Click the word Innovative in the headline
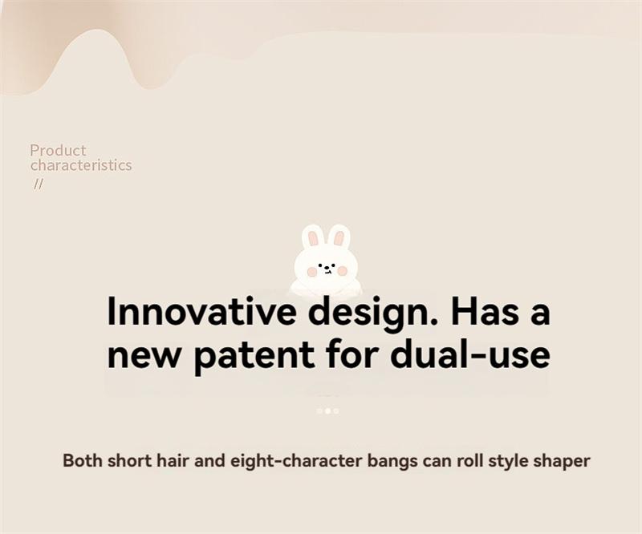click(x=201, y=311)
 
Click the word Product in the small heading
click(x=58, y=150)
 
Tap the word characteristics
click(x=81, y=165)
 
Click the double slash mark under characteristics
click(x=38, y=184)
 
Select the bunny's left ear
click(x=313, y=237)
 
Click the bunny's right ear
click(x=339, y=237)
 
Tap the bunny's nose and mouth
click(x=327, y=270)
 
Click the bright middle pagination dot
click(x=327, y=411)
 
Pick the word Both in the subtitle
click(x=83, y=460)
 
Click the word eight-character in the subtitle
click(x=296, y=461)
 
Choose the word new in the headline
click(x=144, y=356)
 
